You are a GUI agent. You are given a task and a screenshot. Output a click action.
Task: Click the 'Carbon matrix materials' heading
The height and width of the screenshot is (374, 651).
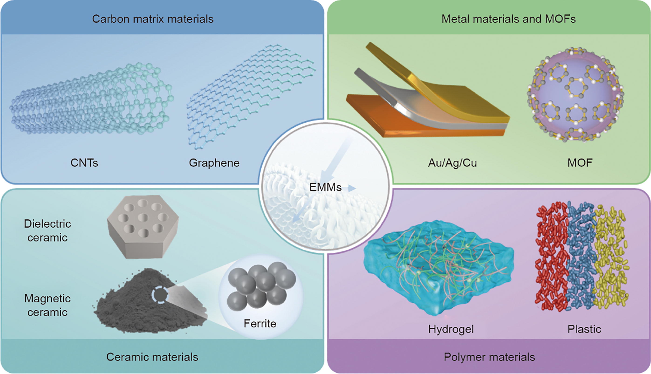153,19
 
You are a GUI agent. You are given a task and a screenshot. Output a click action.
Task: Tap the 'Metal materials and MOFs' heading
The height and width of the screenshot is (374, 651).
508,19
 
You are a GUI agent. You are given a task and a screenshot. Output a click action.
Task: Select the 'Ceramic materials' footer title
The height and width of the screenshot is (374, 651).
152,357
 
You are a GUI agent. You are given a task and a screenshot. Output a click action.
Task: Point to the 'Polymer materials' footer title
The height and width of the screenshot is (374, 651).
489,357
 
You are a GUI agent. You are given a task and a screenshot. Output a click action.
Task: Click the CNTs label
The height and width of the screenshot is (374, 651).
84,163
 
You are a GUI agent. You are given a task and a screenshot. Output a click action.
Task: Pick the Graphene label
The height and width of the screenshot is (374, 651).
214,163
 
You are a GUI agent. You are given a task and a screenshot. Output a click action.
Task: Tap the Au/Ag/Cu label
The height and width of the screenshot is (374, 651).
452,163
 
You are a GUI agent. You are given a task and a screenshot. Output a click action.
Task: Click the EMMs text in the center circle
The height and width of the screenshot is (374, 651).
325,187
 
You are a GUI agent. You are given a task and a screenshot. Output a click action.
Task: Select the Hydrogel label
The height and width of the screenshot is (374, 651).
451,329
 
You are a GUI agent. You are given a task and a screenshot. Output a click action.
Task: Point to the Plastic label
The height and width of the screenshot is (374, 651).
584,329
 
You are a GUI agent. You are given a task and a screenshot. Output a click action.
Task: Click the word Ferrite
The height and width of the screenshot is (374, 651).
260,323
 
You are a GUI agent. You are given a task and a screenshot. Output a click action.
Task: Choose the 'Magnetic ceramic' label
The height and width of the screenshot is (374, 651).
47,305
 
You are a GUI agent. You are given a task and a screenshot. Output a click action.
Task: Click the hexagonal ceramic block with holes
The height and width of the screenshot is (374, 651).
143,226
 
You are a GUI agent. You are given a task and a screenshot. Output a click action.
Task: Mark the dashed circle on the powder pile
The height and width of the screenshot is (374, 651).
160,295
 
